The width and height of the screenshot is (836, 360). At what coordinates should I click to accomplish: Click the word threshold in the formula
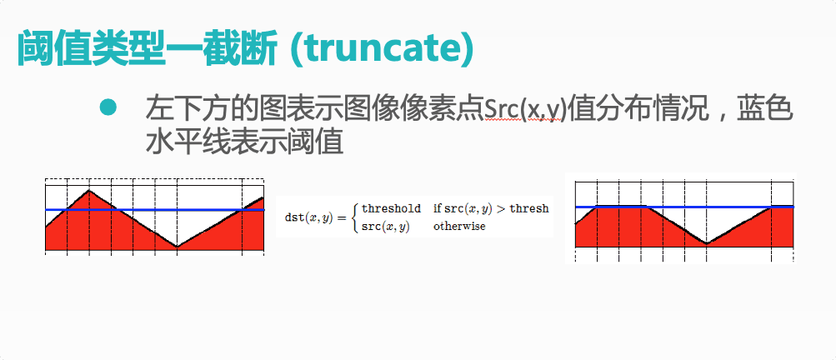391,208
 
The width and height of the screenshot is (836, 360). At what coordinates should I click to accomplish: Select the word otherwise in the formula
459,226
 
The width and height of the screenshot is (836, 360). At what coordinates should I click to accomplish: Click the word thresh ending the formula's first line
529,208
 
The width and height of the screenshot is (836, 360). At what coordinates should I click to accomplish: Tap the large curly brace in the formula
355,217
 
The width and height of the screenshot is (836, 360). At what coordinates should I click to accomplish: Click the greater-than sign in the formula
501,209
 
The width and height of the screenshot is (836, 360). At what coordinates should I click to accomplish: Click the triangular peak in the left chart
89,190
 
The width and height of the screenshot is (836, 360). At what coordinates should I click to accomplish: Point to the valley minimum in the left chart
177,247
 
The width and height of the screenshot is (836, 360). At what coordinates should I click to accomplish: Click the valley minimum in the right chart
707,243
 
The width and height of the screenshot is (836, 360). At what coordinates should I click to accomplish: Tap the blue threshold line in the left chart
155,210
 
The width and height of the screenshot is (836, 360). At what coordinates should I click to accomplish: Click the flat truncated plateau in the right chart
621,206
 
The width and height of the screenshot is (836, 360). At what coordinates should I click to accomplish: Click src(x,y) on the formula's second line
385,227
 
